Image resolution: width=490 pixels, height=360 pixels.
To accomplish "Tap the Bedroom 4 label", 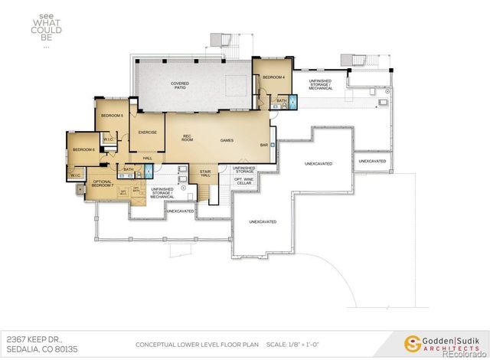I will [273, 77].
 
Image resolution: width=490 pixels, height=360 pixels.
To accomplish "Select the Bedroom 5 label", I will [112, 115].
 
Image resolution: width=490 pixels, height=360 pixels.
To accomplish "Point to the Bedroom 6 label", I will [83, 149].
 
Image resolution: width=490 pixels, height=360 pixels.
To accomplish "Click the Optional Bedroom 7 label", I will [103, 184].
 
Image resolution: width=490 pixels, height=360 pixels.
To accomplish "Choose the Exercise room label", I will [147, 132].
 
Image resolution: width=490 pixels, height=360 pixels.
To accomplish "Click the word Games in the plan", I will [227, 140].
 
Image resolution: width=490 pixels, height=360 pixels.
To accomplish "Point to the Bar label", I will [263, 145].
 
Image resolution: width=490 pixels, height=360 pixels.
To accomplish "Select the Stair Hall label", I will [205, 174].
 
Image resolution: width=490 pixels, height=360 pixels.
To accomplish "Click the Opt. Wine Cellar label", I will [243, 182].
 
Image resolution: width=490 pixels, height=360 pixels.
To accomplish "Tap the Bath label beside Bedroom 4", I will [281, 100].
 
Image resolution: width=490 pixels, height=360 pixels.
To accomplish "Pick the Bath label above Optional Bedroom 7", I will [129, 169].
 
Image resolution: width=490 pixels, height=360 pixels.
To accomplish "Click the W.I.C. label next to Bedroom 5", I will [108, 139].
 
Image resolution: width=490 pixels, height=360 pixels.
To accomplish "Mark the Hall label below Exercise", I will [147, 158].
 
